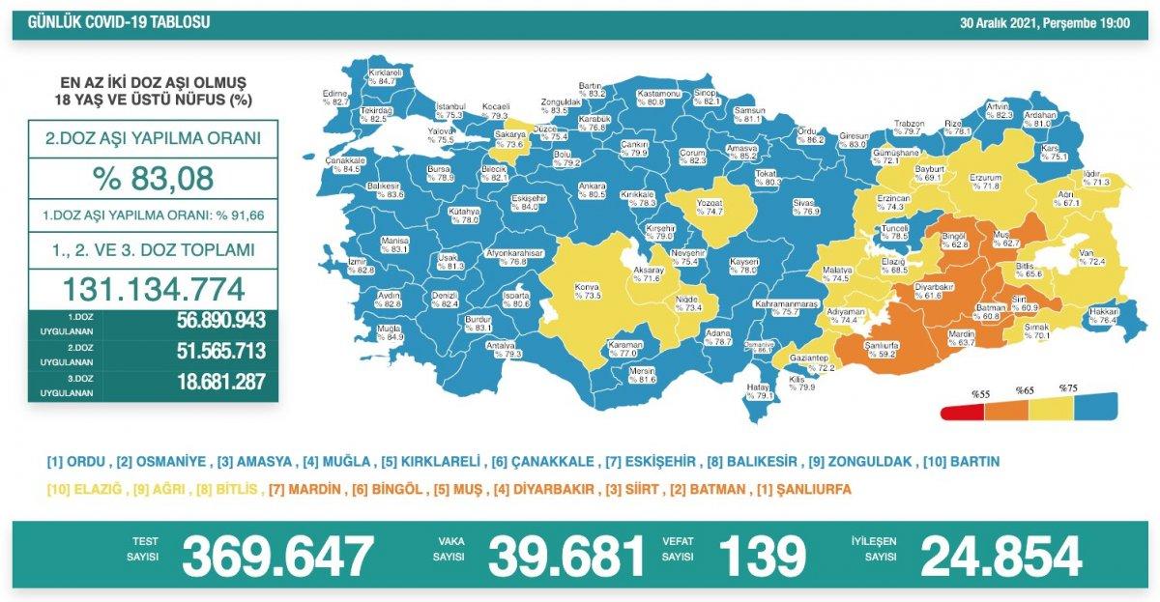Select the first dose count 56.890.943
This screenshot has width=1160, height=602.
click(220, 322)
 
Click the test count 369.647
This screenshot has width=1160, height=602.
click(277, 557)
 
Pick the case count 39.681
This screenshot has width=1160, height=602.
click(565, 557)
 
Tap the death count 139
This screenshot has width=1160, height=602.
click(761, 557)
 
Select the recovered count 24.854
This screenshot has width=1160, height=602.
click(1000, 557)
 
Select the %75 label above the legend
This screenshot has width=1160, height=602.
click(1067, 388)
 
